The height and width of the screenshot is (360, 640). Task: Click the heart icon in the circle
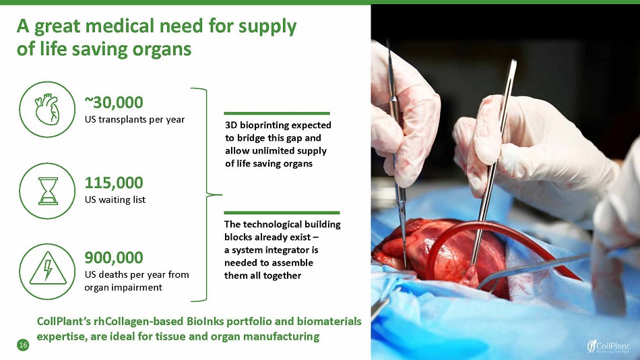point(47,109)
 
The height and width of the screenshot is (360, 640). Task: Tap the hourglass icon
point(48,191)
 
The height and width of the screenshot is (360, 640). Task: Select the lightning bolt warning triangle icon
point(48,269)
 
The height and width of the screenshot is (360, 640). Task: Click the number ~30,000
point(114,102)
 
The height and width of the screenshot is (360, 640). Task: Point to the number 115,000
point(114,183)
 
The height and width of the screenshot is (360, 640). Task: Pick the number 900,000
point(114,258)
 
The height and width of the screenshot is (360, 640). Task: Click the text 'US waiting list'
point(115,200)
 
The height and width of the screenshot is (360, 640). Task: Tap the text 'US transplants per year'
point(135,120)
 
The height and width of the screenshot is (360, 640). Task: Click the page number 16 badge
point(23,345)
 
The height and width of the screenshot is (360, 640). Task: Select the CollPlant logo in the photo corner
point(608,346)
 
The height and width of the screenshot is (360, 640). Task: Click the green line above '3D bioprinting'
point(277,113)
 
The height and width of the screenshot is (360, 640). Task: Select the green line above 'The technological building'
point(282,213)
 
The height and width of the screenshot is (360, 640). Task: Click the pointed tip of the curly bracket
point(221,195)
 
